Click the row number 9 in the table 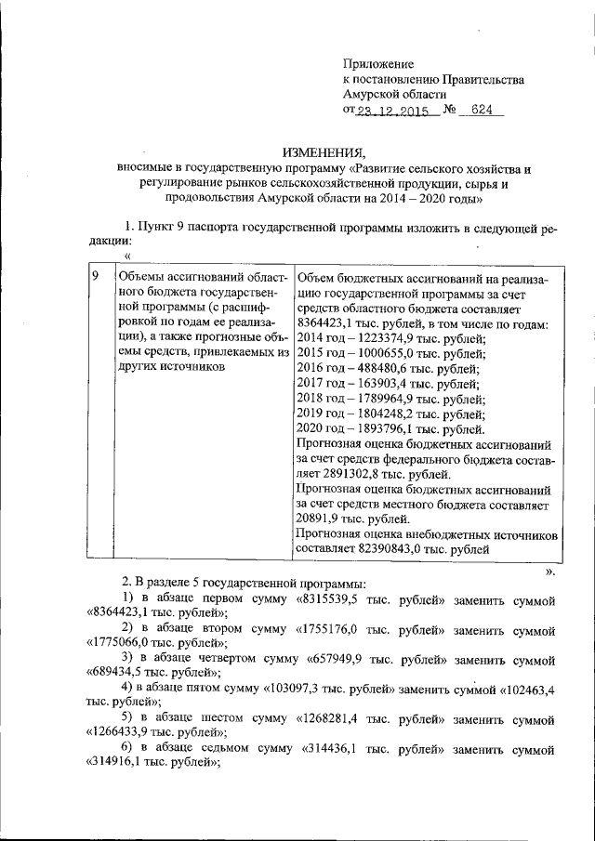[x=95, y=277]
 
